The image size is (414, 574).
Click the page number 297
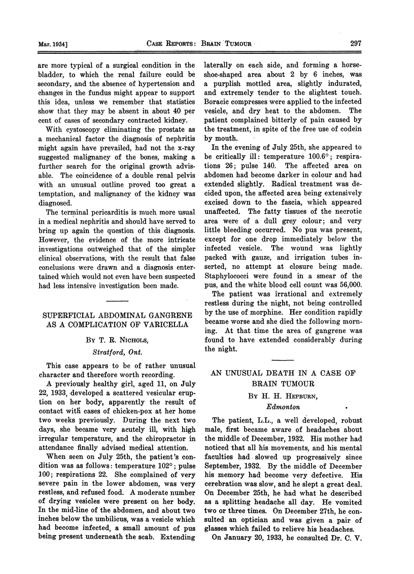tap(355, 44)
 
